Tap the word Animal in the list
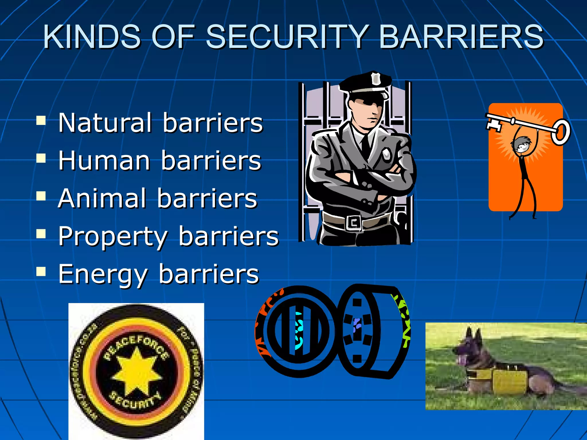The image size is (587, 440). [102, 198]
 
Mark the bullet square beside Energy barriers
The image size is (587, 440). [41, 272]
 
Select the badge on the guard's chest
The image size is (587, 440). [387, 155]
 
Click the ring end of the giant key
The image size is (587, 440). [560, 132]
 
